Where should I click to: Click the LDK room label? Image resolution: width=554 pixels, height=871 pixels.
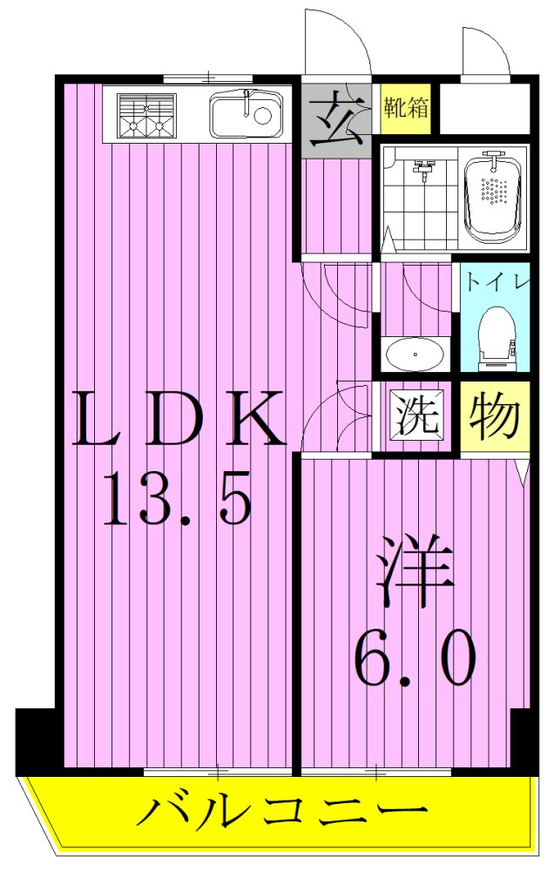[179, 418]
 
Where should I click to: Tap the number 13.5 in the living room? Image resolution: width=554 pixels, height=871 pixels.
[177, 497]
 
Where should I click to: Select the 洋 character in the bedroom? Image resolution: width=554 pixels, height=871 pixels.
[414, 571]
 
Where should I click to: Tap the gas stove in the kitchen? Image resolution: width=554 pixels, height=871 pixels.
[147, 115]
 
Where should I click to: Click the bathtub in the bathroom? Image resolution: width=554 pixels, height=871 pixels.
[493, 197]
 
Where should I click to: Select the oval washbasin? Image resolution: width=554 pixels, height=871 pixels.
[415, 354]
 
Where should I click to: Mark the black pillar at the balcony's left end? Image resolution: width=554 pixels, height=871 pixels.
[36, 741]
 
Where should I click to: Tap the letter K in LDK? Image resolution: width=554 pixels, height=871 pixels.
[254, 418]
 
